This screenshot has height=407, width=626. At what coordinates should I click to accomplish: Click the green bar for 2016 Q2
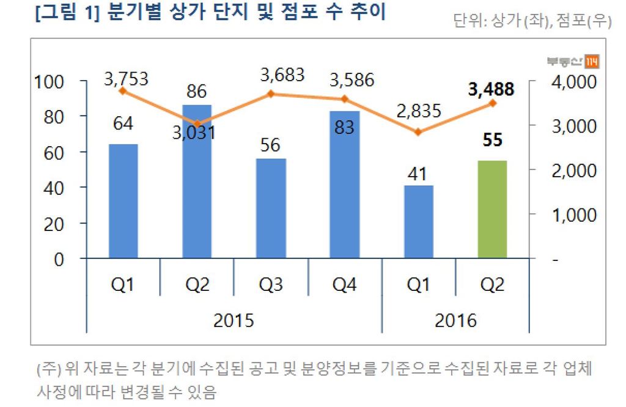pos(492,209)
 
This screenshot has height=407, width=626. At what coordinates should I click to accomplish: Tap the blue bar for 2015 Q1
pos(123,201)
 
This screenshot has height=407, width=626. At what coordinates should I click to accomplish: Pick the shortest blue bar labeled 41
pos(419,221)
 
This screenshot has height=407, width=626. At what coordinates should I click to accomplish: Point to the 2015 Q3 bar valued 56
pos(271,208)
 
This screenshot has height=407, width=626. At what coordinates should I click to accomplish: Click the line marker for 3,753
pos(123,91)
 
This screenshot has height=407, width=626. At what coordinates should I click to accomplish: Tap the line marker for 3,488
pos(493,103)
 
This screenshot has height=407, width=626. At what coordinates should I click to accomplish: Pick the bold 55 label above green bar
pos(493,140)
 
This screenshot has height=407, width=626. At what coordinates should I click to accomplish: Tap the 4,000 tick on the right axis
pos(572,82)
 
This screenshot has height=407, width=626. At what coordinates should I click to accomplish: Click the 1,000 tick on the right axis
pos(572,215)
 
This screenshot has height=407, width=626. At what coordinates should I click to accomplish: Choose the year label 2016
pos(455,320)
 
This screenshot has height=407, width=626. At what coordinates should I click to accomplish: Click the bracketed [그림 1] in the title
pos(69,13)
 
